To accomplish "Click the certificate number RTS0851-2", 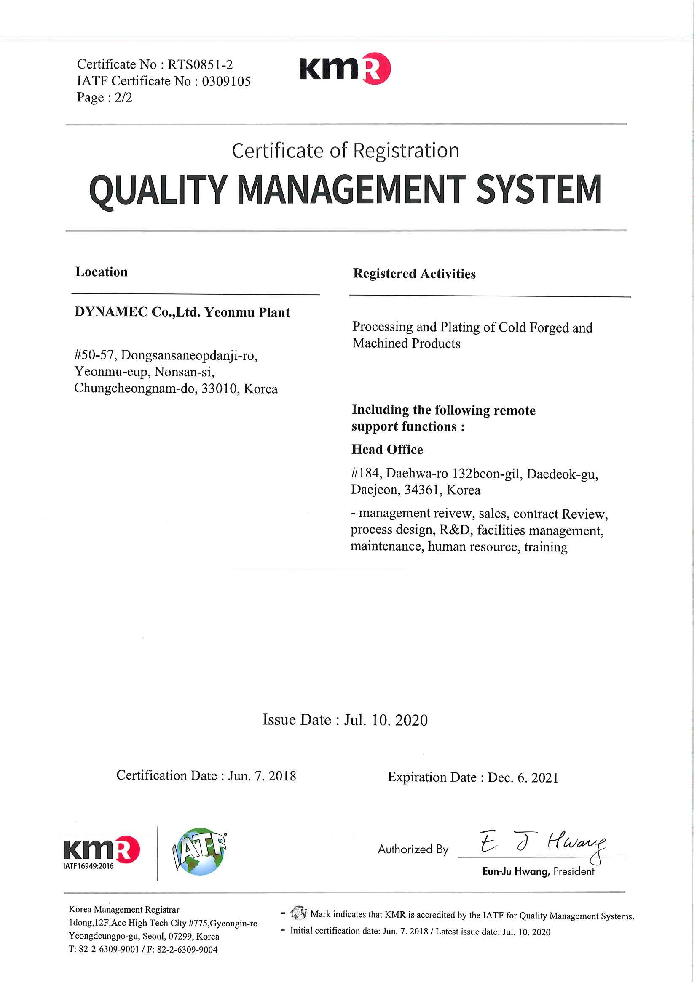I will coord(200,65).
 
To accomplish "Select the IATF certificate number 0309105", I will coord(226,81).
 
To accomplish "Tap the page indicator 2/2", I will coord(123,98).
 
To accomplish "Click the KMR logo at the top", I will coord(345,69).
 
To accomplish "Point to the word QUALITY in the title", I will coord(158,190).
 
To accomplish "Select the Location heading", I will coord(102,272).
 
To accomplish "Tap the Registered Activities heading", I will coord(414,274).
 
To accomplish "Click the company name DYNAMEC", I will coord(111,312).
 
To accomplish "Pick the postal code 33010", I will coord(220,389).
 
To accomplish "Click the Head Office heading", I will coord(387,450).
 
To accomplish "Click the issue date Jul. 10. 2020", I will coord(386,720).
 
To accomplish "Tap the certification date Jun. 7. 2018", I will coord(262,776).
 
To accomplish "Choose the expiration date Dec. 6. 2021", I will coord(523,778).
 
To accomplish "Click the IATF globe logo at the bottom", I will coord(200,852).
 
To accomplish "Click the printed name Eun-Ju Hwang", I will coord(516,872).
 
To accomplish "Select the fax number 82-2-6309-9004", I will coord(187,950).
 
